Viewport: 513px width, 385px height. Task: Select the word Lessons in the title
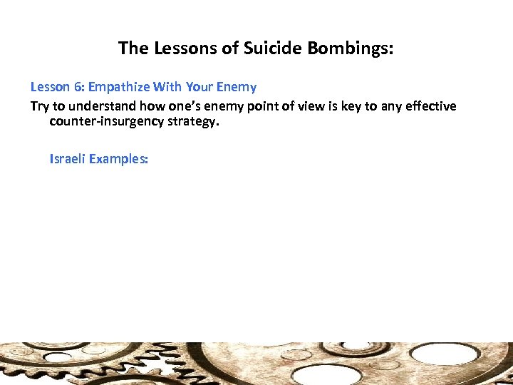click(x=178, y=48)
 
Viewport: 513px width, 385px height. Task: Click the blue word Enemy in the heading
click(x=234, y=87)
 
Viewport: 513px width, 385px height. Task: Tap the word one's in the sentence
click(x=168, y=106)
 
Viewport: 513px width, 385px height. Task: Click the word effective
click(x=430, y=106)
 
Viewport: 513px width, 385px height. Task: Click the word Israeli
click(x=68, y=159)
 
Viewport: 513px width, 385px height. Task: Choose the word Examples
click(x=120, y=159)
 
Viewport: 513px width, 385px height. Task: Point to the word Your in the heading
click(x=199, y=87)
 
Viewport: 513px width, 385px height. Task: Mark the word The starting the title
click(x=133, y=48)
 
